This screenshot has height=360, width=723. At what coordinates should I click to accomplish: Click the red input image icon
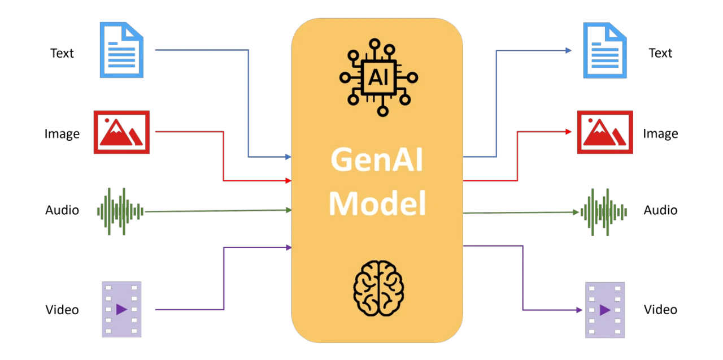click(x=122, y=133)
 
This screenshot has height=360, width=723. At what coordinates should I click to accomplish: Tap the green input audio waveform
click(x=120, y=211)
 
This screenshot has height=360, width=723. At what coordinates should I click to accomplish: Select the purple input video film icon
click(x=121, y=309)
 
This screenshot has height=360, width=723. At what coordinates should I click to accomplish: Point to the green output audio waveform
click(x=604, y=211)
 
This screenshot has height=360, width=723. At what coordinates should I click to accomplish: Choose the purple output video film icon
click(x=604, y=309)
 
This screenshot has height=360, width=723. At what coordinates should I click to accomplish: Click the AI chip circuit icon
click(x=378, y=77)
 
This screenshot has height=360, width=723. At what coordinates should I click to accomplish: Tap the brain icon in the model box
click(x=378, y=284)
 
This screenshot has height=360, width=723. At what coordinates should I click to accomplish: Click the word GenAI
click(x=377, y=161)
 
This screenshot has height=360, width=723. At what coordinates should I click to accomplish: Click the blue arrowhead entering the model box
click(x=288, y=157)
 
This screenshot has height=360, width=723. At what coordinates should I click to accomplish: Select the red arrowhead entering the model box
click(x=288, y=181)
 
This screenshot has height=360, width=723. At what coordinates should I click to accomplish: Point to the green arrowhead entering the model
click(x=288, y=210)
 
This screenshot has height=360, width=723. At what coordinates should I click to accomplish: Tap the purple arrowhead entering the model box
click(x=288, y=248)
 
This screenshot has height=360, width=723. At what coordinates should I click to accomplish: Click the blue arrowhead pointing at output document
click(x=569, y=51)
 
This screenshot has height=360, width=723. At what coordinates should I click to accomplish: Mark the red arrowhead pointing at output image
click(x=569, y=132)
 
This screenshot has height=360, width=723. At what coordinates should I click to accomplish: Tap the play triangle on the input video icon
click(x=121, y=309)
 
